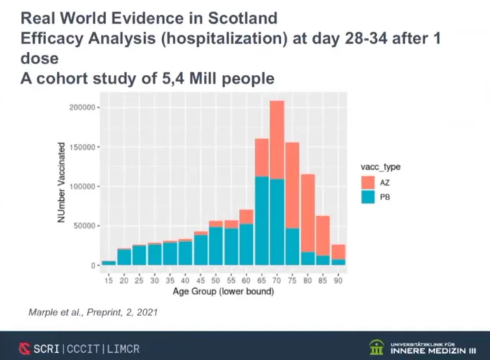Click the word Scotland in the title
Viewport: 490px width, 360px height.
[x=243, y=18]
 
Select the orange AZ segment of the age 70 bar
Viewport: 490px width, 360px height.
[x=277, y=140]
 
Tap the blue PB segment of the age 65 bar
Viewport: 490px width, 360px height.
[x=262, y=221]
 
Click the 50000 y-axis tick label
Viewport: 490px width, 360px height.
[x=84, y=226]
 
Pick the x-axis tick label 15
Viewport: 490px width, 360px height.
[x=108, y=280]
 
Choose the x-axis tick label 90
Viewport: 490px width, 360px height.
[x=338, y=280]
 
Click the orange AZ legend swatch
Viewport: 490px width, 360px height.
[x=367, y=182]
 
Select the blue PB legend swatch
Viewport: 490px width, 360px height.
[x=367, y=197]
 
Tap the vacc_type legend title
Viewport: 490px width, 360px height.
[x=380, y=167]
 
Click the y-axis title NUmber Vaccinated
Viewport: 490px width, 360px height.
[x=61, y=183]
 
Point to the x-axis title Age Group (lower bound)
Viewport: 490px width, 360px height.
[x=223, y=292]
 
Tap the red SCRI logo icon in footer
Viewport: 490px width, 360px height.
[x=24, y=348]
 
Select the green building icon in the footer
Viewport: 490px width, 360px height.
[x=376, y=347]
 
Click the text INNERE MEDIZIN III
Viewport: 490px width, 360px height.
[x=433, y=351]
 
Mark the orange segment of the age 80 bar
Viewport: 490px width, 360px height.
[x=308, y=213]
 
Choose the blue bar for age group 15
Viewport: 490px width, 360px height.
[x=108, y=263]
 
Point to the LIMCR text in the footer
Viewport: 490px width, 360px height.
[x=123, y=348]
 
